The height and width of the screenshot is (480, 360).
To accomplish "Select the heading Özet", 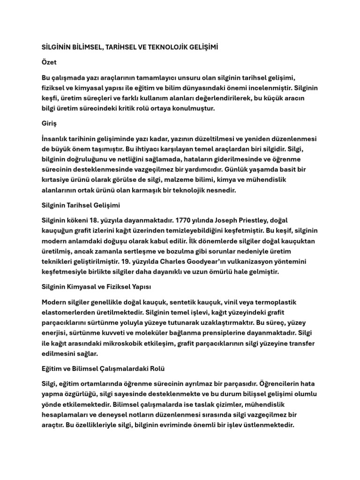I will [49, 62].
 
